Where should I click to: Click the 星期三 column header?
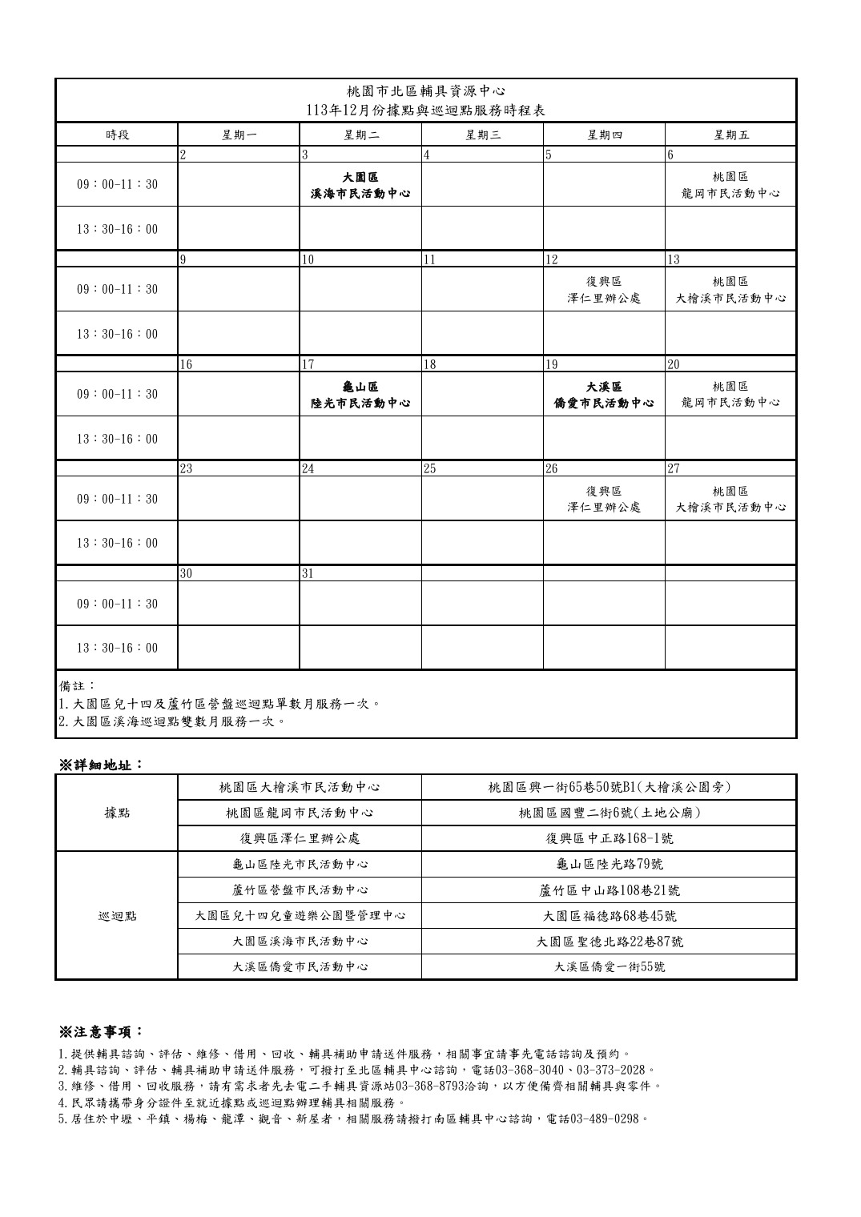click(482, 135)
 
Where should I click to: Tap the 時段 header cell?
click(117, 135)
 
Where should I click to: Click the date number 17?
click(308, 364)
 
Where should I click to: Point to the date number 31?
click(308, 573)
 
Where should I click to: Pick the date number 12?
click(552, 259)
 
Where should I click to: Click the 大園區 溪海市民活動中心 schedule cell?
click(360, 185)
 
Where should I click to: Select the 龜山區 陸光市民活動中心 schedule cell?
click(360, 394)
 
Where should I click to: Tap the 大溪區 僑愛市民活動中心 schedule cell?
click(604, 394)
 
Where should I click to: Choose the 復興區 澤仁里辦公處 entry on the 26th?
click(604, 499)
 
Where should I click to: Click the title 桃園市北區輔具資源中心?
click(427, 92)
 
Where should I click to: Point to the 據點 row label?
click(117, 813)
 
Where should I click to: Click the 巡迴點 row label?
click(117, 915)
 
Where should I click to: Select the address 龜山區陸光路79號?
click(610, 864)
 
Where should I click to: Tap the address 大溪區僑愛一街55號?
click(610, 966)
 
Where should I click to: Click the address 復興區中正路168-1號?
click(610, 838)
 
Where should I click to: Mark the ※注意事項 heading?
click(102, 1031)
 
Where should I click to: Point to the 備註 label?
click(78, 686)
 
